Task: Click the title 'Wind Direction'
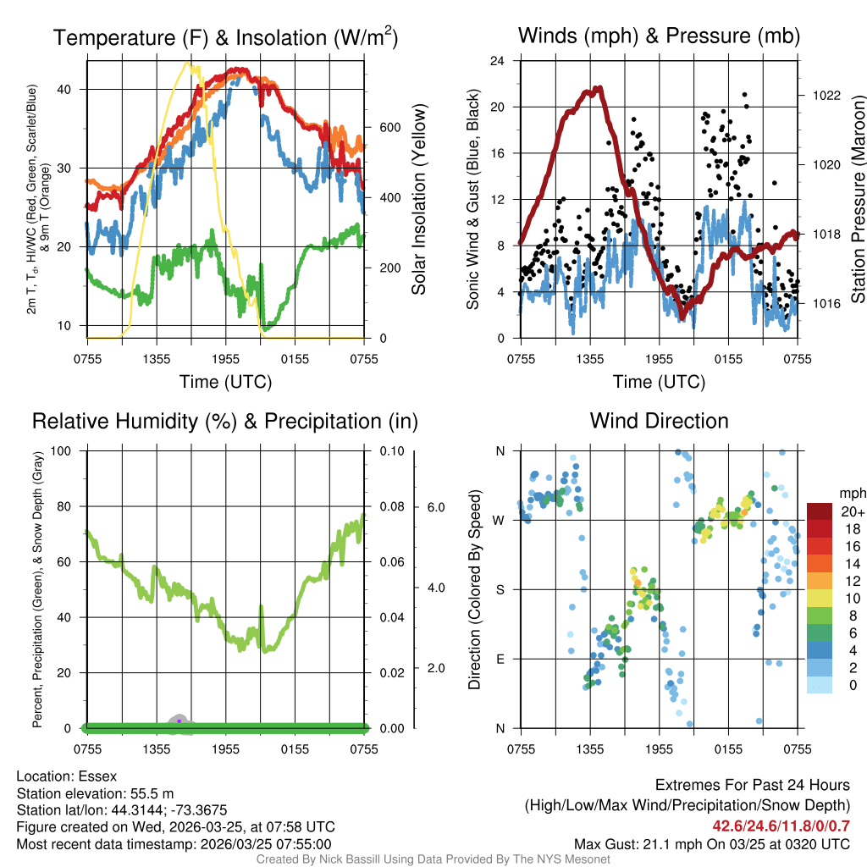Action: (659, 421)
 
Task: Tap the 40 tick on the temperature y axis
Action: (74, 89)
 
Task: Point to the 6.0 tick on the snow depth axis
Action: (435, 507)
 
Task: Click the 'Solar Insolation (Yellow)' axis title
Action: (418, 200)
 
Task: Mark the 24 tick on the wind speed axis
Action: (498, 61)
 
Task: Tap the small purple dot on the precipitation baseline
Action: (179, 721)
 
